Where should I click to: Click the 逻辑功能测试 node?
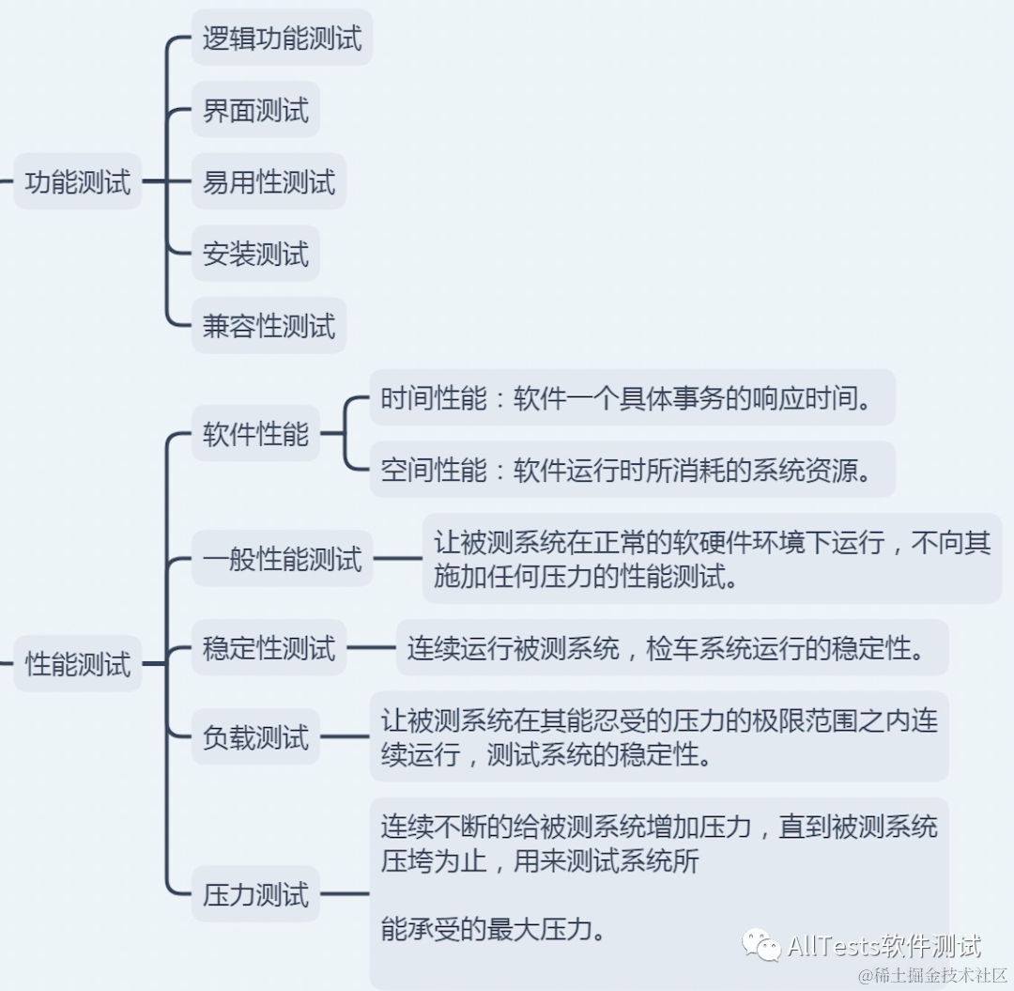coord(282,39)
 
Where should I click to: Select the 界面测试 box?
coord(255,111)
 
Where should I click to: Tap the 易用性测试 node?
coord(269,182)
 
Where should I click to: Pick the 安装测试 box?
coord(255,255)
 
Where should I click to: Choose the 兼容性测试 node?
coord(269,326)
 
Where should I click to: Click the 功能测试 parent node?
coord(78,182)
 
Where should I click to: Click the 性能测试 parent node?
coord(78,665)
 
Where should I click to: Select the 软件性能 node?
coord(255,434)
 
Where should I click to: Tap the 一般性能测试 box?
coord(282,560)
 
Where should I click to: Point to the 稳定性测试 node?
coord(269,648)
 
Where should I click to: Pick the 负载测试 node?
coord(255,737)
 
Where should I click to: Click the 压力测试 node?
coord(255,894)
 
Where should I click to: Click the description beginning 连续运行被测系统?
coord(671,648)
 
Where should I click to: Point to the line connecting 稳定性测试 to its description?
coord(371,648)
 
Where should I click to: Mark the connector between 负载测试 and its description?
coord(345,737)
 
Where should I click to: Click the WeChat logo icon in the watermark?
coord(760,946)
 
